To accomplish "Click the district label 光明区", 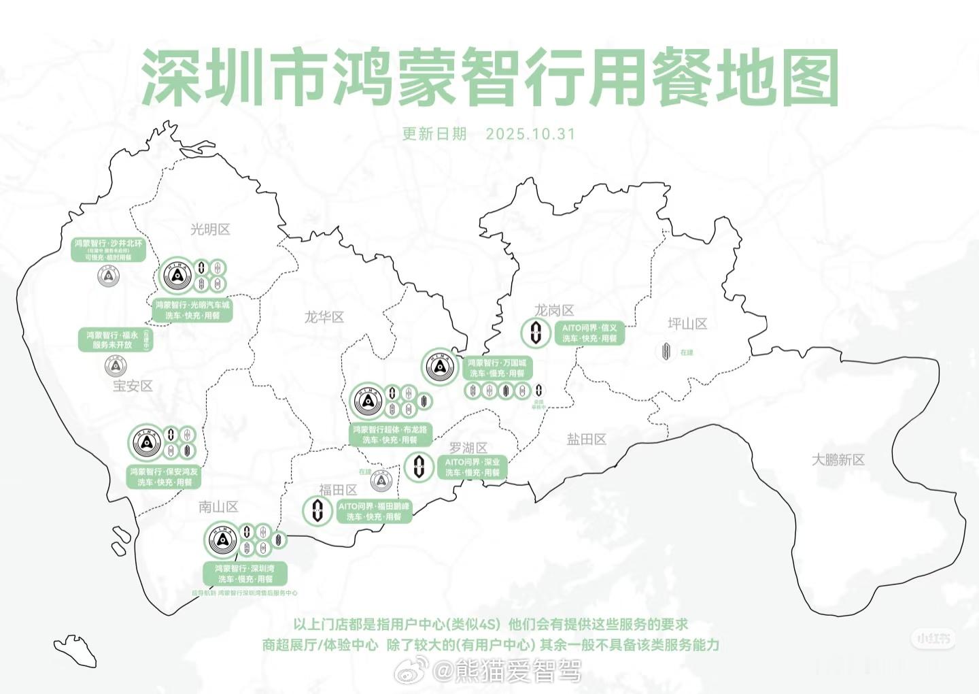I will click(210, 229).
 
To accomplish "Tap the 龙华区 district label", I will click(324, 317).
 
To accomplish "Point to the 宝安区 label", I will click(133, 386).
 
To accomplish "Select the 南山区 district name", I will click(218, 507).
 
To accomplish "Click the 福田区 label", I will click(338, 490).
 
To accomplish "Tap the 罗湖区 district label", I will click(468, 448).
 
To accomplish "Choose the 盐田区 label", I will click(586, 440).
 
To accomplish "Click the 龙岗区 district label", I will click(554, 310).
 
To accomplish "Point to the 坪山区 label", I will click(687, 324).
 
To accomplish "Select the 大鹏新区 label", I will click(838, 460).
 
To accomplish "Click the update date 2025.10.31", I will click(530, 133).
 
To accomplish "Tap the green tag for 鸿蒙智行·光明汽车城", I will click(192, 310).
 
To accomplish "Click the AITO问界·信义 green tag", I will click(589, 333).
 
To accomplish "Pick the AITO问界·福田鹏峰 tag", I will click(374, 512).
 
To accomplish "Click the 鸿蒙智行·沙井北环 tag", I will click(109, 250).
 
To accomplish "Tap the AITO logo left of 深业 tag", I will click(418, 467).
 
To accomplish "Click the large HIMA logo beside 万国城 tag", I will click(440, 367).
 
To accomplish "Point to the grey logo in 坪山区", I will click(666, 351).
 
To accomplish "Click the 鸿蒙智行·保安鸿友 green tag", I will click(165, 476).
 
